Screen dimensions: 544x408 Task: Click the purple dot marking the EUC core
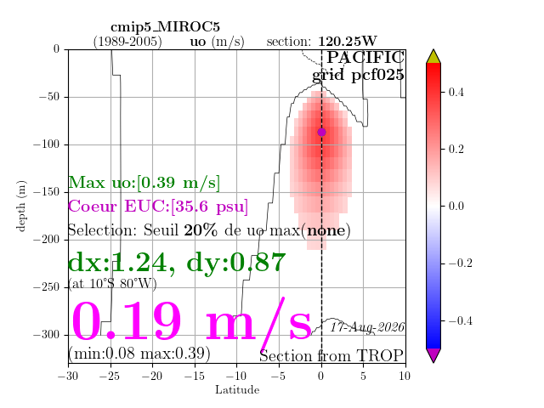321,133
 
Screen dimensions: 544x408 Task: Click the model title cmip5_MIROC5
165,27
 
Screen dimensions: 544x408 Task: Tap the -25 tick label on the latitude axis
110,376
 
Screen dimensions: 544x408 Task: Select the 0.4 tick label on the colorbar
456,93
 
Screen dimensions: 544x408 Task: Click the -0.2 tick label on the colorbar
461,263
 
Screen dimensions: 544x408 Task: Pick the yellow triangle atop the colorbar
433,56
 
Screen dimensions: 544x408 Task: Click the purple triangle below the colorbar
433,355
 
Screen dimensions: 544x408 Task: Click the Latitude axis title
237,390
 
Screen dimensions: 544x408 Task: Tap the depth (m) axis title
20,206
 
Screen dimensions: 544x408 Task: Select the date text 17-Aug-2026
367,327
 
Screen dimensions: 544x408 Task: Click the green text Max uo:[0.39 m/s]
144,183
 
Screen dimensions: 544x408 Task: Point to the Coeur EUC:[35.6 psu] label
158,207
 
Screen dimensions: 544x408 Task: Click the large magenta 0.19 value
127,321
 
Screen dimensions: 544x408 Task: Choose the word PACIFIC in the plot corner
365,57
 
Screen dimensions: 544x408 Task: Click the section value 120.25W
348,42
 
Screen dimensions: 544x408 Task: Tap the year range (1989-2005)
127,42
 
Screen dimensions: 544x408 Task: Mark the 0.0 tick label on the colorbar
456,206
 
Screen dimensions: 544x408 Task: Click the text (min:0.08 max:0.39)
139,354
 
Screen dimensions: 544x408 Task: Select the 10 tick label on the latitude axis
405,376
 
